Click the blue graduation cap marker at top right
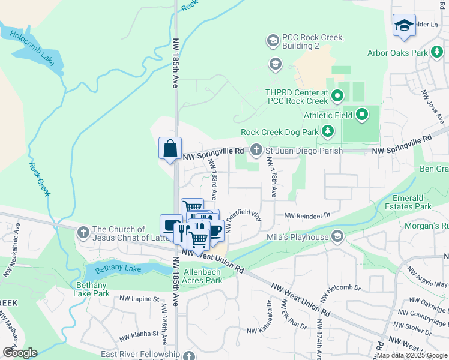point(404,25)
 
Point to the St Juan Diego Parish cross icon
point(256,150)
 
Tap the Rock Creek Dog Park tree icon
point(328,131)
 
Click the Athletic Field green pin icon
point(362,113)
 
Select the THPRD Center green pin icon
point(337,95)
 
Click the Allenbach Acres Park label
point(198,276)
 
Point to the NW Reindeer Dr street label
point(307,215)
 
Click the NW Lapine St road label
point(139,298)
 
